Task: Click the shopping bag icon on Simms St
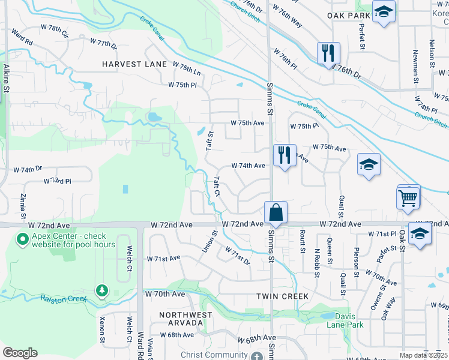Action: (276, 212)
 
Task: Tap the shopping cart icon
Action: (408, 197)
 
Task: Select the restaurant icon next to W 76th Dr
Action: (328, 53)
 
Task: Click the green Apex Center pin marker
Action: (23, 240)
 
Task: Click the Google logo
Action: (20, 353)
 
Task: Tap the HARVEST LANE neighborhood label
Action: (134, 64)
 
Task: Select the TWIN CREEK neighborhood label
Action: (282, 296)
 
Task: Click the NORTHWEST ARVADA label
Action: (185, 319)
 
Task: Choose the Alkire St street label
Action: (6, 78)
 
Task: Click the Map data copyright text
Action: (424, 355)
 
